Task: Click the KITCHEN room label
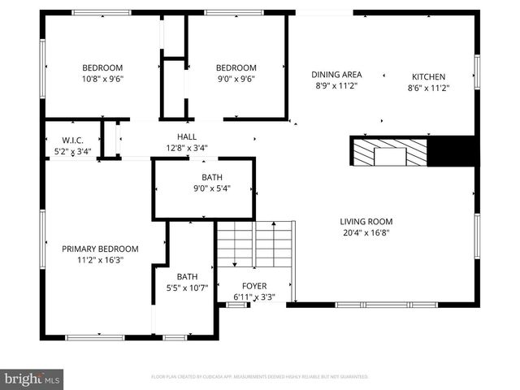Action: (x=428, y=76)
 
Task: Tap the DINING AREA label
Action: (x=337, y=75)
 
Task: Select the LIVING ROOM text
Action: (x=366, y=221)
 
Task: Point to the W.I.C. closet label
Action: (x=72, y=141)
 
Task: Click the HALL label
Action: (x=187, y=136)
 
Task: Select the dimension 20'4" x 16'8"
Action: (x=366, y=232)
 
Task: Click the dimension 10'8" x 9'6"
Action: (x=102, y=79)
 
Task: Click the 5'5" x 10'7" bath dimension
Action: (x=187, y=287)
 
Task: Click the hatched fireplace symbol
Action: (x=388, y=151)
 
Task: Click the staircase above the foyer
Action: (x=253, y=244)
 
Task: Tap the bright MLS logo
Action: (x=32, y=379)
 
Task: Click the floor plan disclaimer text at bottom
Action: (x=260, y=377)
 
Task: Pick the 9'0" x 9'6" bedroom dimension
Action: (x=236, y=79)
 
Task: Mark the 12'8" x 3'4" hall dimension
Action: (x=187, y=148)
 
